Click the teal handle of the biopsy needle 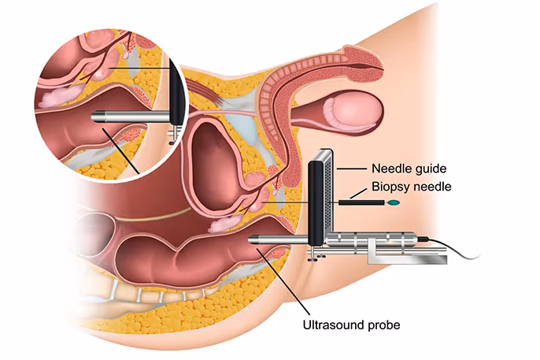point(394,203)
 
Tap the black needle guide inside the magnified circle point(177,95)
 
